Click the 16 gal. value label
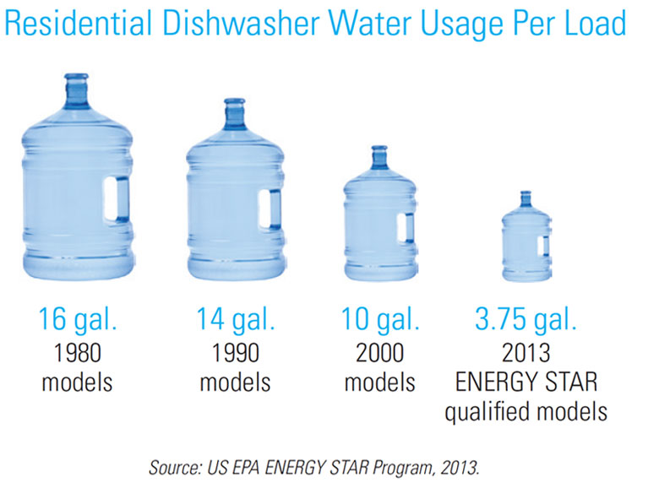[x=77, y=321]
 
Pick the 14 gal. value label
[x=236, y=321]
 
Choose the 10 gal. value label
[x=380, y=321]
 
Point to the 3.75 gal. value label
[x=526, y=321]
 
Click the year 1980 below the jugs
[x=77, y=352]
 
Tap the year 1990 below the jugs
[x=236, y=352]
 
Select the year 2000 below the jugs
[x=380, y=352]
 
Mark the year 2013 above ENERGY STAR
[x=526, y=352]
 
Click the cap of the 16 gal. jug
[x=76, y=82]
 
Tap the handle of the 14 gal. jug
[x=275, y=209]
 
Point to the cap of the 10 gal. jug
[x=379, y=153]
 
